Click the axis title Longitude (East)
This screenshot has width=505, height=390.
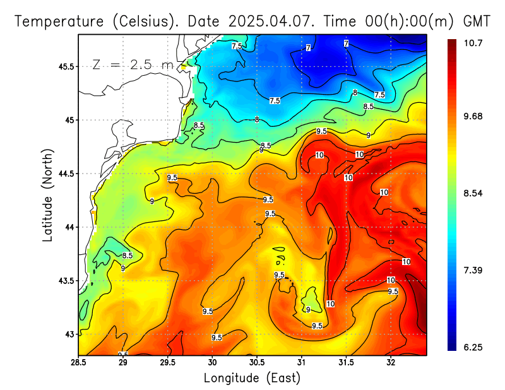pos(252,377)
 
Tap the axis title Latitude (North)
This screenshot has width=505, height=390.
pos(48,194)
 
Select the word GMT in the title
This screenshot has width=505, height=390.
pos(477,21)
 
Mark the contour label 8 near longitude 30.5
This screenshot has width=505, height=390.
pos(257,119)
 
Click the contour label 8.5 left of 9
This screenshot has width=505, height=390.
pos(128,256)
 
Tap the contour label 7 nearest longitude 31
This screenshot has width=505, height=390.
pos(308,48)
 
